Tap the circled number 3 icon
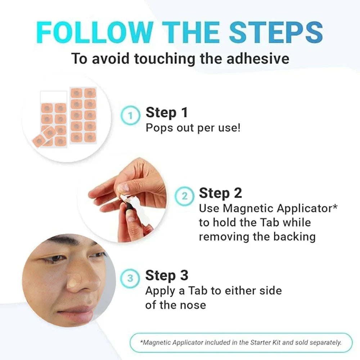tap(130, 278)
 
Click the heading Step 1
tap(167, 113)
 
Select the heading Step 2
tap(220, 193)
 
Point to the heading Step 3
tap(167, 276)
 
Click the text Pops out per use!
tap(193, 128)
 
